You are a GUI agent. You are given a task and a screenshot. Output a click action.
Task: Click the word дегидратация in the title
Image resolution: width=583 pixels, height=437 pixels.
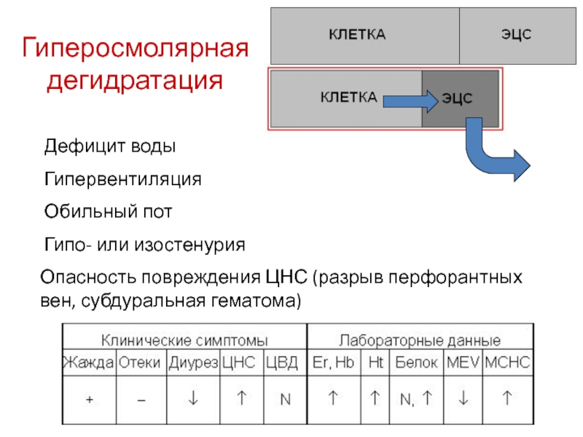(x=134, y=80)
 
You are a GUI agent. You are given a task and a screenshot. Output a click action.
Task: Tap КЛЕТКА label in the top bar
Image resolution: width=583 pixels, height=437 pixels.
(x=357, y=35)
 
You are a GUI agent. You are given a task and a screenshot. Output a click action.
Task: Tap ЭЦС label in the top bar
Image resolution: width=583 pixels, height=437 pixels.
(x=516, y=35)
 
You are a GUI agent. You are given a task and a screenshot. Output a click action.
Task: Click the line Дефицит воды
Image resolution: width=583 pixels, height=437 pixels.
(x=110, y=146)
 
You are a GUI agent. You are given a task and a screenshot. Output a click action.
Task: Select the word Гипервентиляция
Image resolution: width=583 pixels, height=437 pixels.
(x=122, y=179)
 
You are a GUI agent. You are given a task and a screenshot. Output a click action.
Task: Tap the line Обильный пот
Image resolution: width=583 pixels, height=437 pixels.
(x=108, y=212)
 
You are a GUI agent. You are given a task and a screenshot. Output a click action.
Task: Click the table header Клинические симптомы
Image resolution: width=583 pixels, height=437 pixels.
(x=184, y=339)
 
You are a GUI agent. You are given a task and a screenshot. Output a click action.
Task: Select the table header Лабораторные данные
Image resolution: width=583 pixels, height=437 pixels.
(x=420, y=339)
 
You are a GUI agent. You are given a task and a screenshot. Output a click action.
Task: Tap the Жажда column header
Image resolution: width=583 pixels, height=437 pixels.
(x=88, y=362)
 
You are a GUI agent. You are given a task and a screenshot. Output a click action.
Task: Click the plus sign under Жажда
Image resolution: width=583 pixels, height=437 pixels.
(x=88, y=399)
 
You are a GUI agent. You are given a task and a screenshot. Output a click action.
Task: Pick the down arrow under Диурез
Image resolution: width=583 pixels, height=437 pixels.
(x=193, y=398)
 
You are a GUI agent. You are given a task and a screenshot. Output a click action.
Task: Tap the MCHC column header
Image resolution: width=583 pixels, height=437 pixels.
(x=508, y=362)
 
